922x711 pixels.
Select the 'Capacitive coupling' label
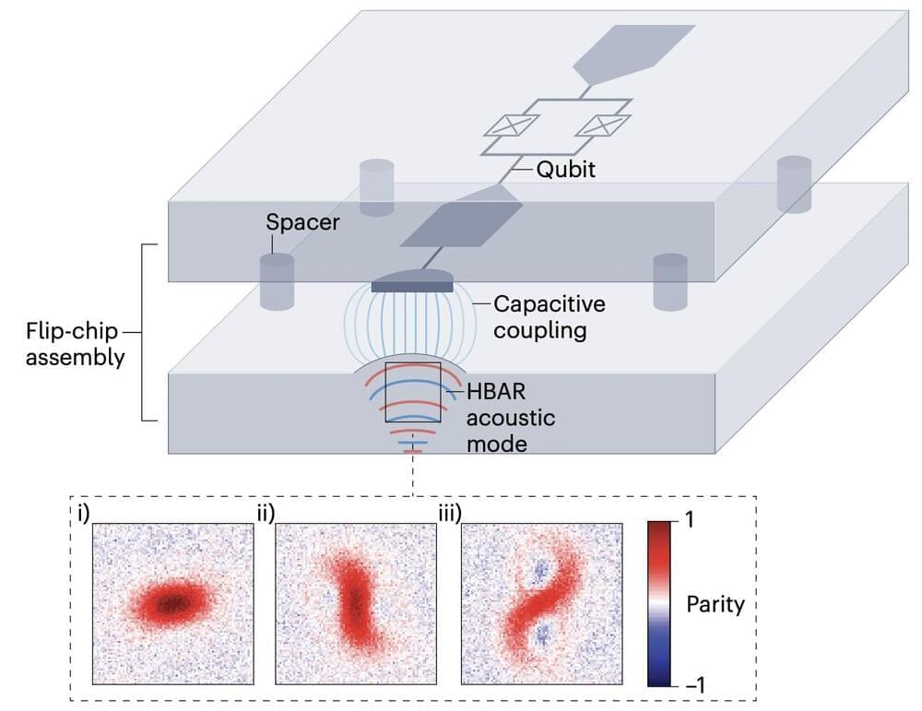click(542, 316)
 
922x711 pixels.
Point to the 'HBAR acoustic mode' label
click(509, 417)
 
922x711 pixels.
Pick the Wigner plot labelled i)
click(172, 603)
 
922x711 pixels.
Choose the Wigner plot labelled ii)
click(355, 603)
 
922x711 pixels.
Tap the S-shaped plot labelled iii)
click(540, 603)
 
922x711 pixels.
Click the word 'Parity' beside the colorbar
click(715, 604)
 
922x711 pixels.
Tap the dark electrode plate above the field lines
click(411, 286)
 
